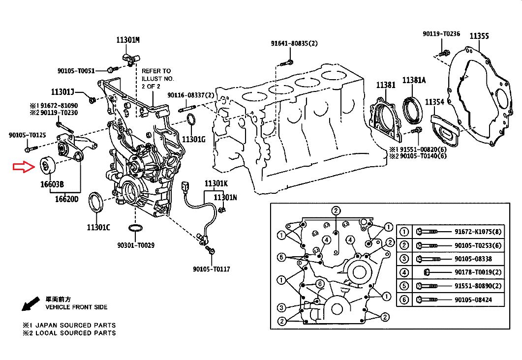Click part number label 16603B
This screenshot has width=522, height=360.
coord(52,184)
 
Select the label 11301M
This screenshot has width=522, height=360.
coord(128,40)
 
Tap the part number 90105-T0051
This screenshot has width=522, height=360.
coord(76,70)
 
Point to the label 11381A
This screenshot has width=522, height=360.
coord(414,80)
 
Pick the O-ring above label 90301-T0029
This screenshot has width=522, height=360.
coord(135,228)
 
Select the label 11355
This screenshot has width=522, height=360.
coord(479,36)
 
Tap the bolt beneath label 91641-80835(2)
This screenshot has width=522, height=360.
coord(286,62)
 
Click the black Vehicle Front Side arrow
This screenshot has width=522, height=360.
coord(31,303)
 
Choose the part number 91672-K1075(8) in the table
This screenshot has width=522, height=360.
coord(478,232)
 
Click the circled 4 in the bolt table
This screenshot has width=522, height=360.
coord(404,272)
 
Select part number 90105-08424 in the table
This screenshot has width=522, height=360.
coord(473,300)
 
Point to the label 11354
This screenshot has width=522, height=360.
coord(434,102)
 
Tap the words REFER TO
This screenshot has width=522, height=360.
coord(156,71)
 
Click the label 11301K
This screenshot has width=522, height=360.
coord(216,183)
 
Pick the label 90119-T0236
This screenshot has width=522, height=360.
coord(441,33)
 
